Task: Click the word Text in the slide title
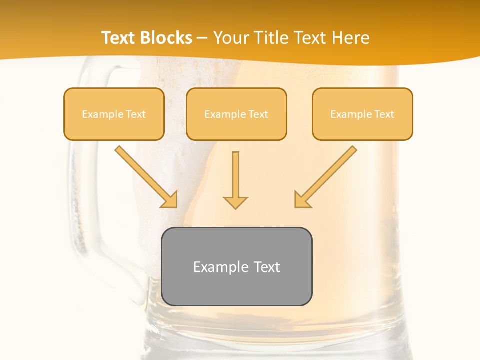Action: click(x=119, y=38)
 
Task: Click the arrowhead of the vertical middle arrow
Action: click(x=235, y=202)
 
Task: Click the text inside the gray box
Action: click(x=237, y=267)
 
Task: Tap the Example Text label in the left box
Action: click(x=114, y=114)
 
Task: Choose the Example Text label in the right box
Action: click(x=362, y=114)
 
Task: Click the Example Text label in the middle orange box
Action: click(x=236, y=114)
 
